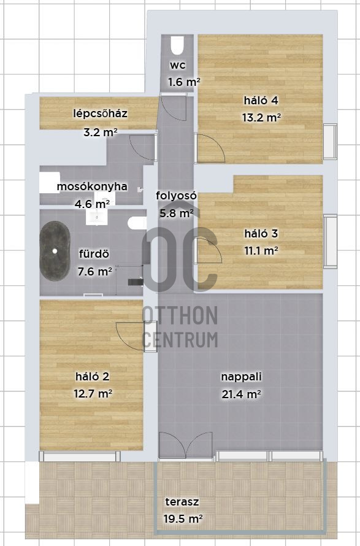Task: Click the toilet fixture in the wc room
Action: pyautogui.click(x=177, y=45)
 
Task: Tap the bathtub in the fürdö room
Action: pyautogui.click(x=55, y=251)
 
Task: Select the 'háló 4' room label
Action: pyautogui.click(x=261, y=101)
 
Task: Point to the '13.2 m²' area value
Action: pyautogui.click(x=261, y=117)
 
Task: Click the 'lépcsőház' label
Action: pyautogui.click(x=100, y=113)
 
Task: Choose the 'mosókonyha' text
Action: pyautogui.click(x=92, y=186)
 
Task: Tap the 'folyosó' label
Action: pyautogui.click(x=176, y=195)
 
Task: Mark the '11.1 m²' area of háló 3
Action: pyautogui.click(x=261, y=250)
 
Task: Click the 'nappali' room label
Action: pyautogui.click(x=241, y=377)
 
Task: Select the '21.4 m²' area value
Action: pyautogui.click(x=241, y=394)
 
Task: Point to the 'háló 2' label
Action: pyautogui.click(x=92, y=377)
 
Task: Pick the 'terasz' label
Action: pyautogui.click(x=182, y=502)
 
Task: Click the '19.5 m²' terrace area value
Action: pyautogui.click(x=183, y=519)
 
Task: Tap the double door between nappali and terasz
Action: pyautogui.click(x=186, y=445)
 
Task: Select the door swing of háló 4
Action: pyautogui.click(x=210, y=148)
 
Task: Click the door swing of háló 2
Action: pyautogui.click(x=130, y=336)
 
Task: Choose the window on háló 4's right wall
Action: pyautogui.click(x=330, y=141)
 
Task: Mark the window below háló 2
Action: pyautogui.click(x=79, y=456)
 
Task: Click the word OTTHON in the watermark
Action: pyautogui.click(x=180, y=315)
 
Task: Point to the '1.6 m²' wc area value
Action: pyautogui.click(x=184, y=83)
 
